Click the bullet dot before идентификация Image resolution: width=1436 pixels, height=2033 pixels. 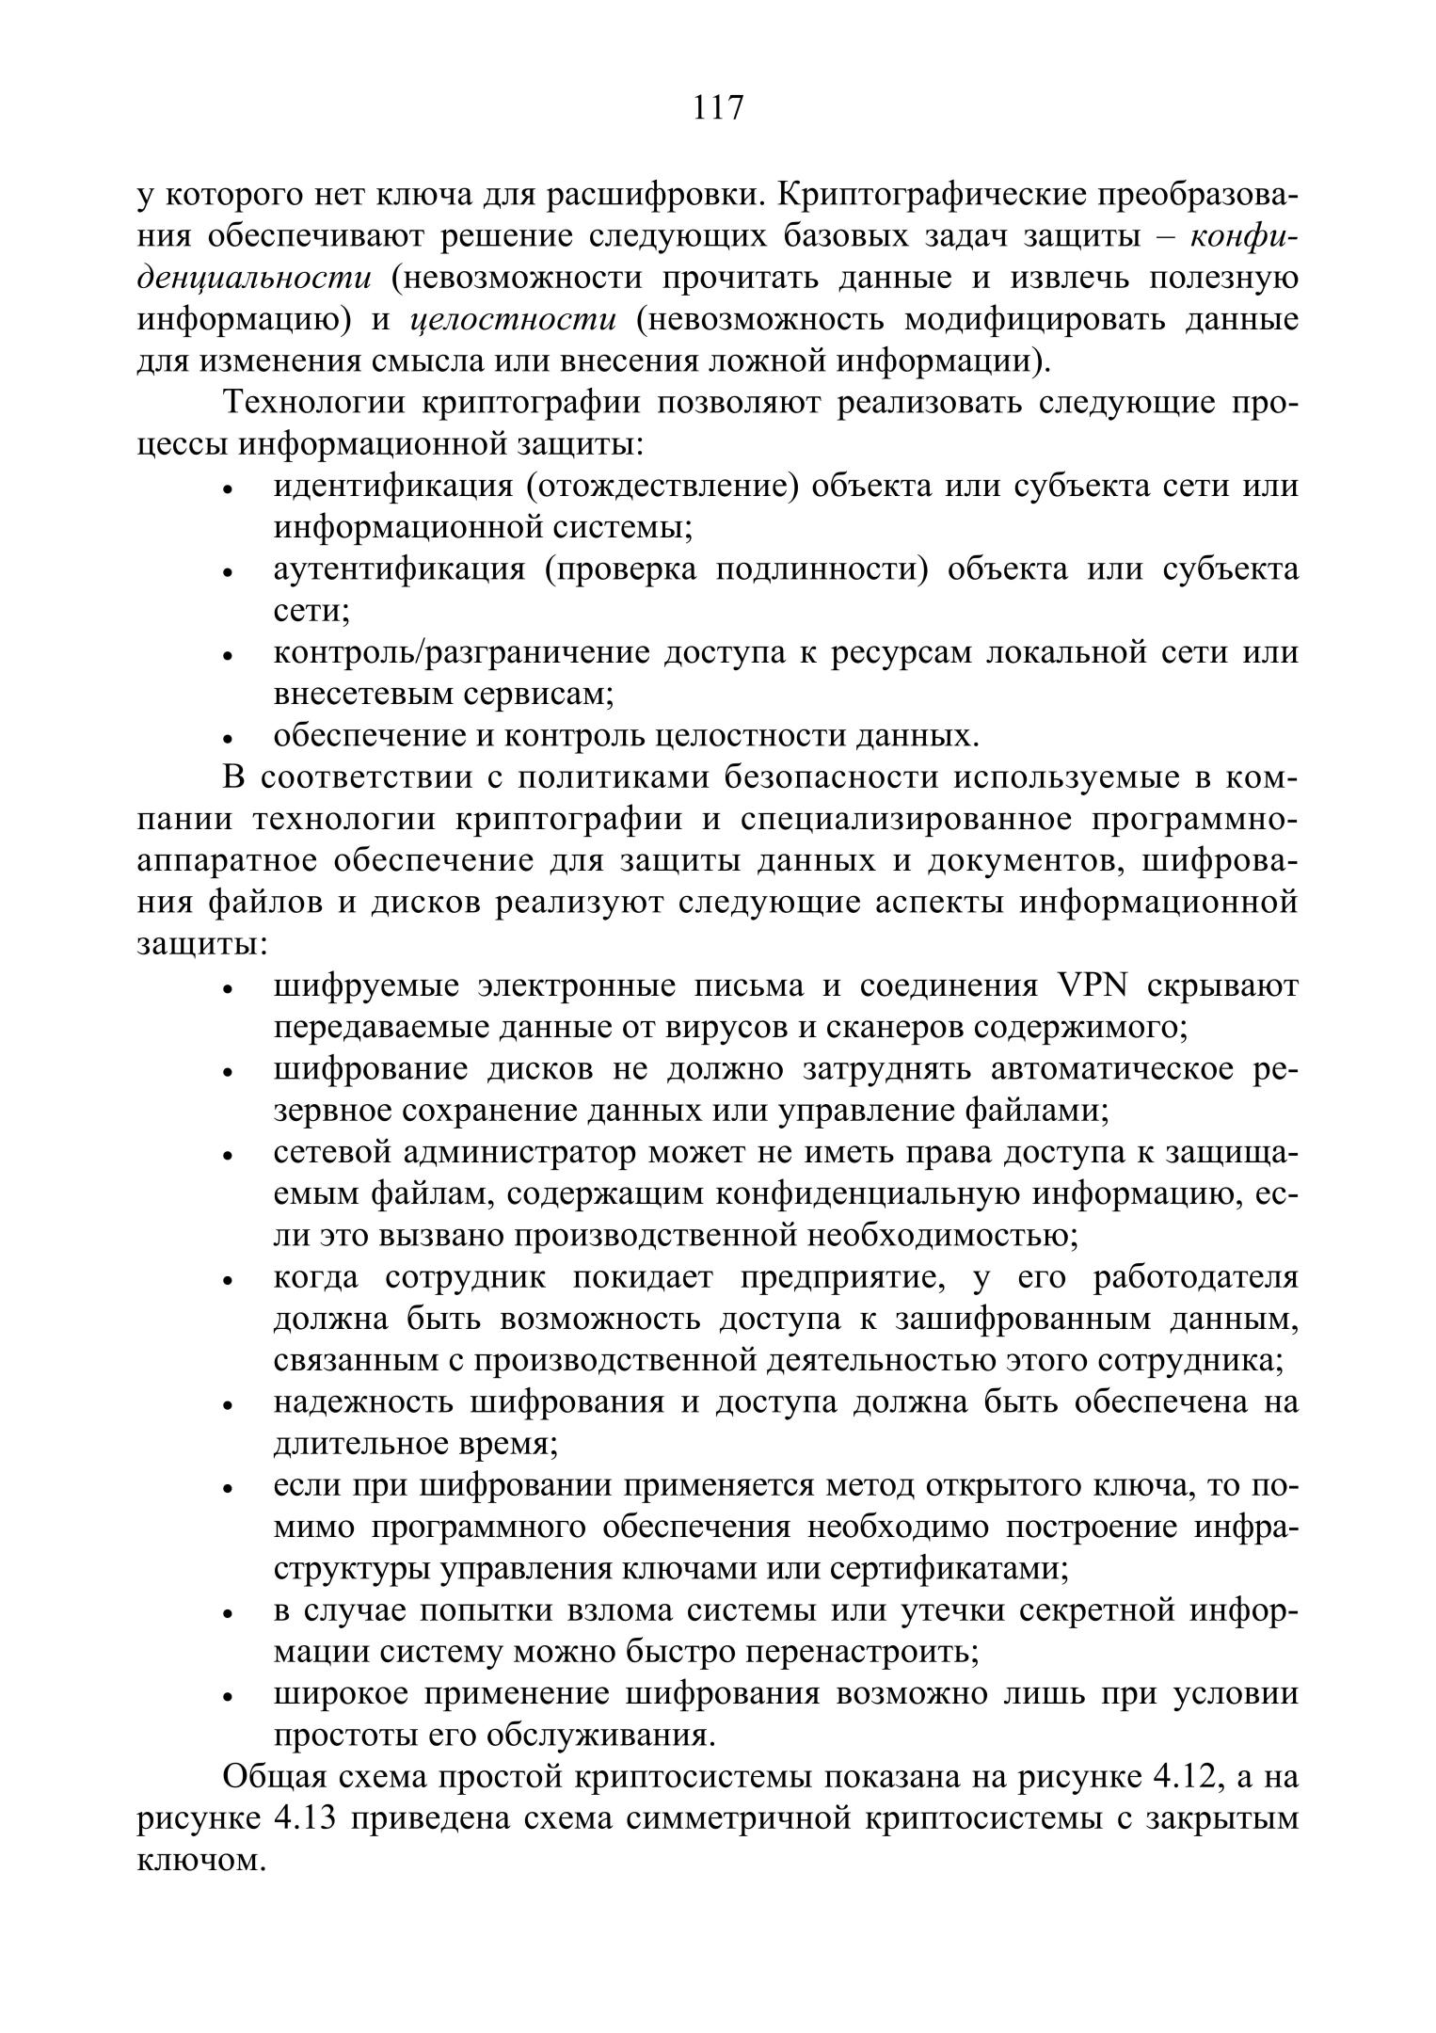point(228,491)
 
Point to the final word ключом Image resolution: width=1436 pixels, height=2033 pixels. point(199,1861)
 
